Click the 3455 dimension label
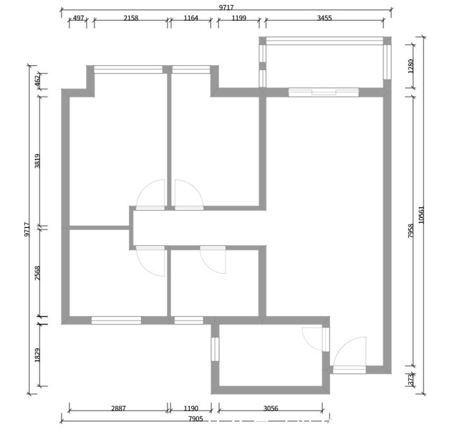point(324,18)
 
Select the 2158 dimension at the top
point(131,18)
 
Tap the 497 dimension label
point(78,18)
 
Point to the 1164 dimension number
point(191,18)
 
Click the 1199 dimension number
point(239,18)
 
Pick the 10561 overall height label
point(421,214)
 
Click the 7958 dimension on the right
point(411,231)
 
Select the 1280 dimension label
point(411,66)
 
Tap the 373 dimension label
point(411,380)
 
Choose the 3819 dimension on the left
point(37,161)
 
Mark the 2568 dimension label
point(37,273)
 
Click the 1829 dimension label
point(37,355)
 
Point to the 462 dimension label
point(37,81)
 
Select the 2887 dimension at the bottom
point(118,408)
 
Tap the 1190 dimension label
point(191,408)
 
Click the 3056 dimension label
point(271,408)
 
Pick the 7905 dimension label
point(195,419)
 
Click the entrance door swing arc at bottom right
point(343,344)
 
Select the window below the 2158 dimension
point(128,69)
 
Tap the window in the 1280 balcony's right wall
point(387,61)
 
